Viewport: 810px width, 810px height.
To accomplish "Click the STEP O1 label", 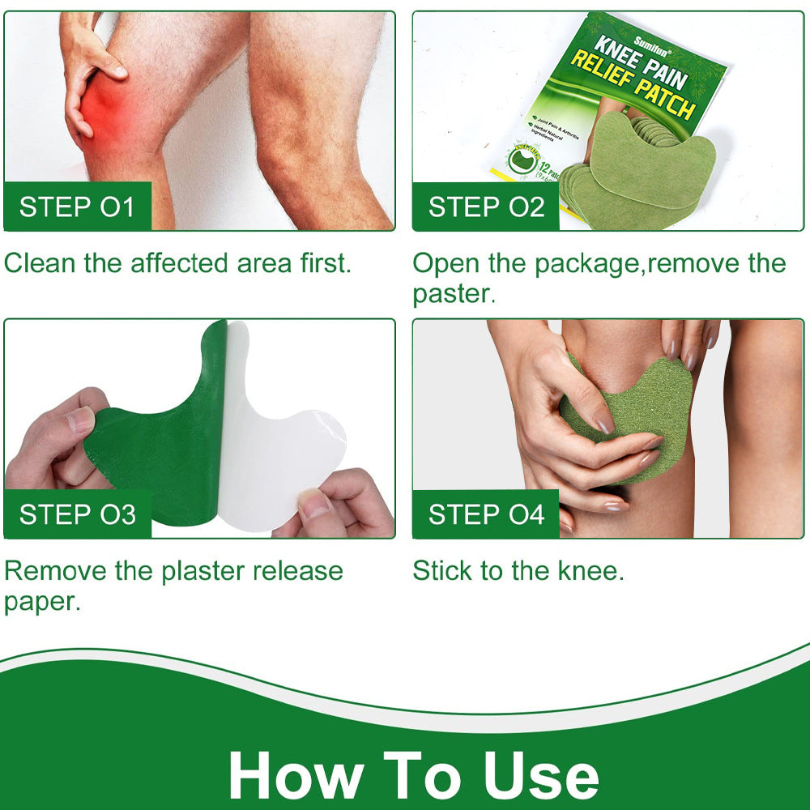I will (77, 207).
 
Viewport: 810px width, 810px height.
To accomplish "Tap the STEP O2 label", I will (486, 207).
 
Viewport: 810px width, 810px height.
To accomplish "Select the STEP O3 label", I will (77, 514).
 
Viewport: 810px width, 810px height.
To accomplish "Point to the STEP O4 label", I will (486, 514).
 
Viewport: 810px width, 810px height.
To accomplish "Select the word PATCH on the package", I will (664, 101).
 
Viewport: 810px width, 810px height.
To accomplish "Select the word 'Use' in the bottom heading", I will (542, 775).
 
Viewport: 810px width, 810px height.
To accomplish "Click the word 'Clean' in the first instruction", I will (40, 263).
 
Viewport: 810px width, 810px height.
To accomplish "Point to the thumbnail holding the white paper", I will (315, 504).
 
